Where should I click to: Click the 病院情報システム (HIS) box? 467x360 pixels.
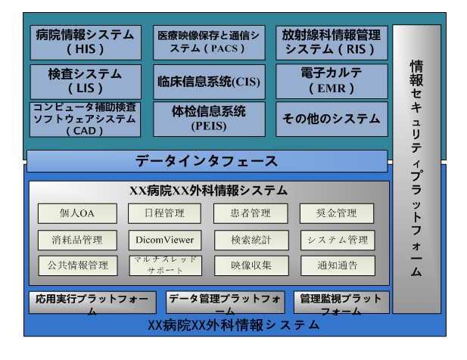pyautogui.click(x=86, y=42)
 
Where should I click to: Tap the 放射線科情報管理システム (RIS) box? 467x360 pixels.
pyautogui.click(x=331, y=42)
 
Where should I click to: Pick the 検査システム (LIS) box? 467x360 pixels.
pyautogui.click(x=86, y=81)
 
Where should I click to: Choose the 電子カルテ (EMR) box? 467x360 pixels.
pyautogui.click(x=331, y=81)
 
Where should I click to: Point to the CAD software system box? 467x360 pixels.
pyautogui.click(x=86, y=119)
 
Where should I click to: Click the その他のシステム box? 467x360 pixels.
pyautogui.click(x=331, y=119)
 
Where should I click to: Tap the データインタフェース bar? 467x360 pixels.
pyautogui.click(x=207, y=161)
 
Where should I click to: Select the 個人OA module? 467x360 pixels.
pyautogui.click(x=77, y=213)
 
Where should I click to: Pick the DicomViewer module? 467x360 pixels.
pyautogui.click(x=164, y=241)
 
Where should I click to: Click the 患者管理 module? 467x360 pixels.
pyautogui.click(x=251, y=213)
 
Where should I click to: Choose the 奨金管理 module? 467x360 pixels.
pyautogui.click(x=337, y=213)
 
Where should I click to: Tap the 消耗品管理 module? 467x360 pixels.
pyautogui.click(x=77, y=241)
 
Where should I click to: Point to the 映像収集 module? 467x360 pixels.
pyautogui.click(x=251, y=265)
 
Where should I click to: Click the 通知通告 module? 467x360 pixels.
pyautogui.click(x=337, y=265)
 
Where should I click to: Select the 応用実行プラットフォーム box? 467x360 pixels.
pyautogui.click(x=92, y=303)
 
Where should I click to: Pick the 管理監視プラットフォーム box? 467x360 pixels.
pyautogui.click(x=341, y=303)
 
